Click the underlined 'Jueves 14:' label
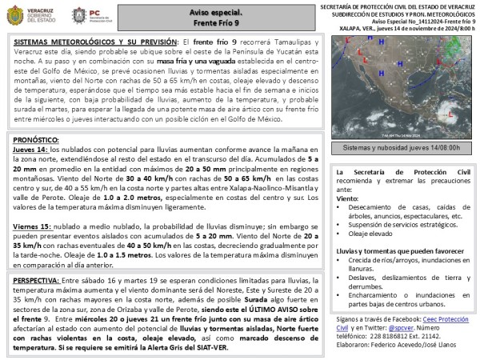(31, 150)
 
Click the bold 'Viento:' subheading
(348, 198)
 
